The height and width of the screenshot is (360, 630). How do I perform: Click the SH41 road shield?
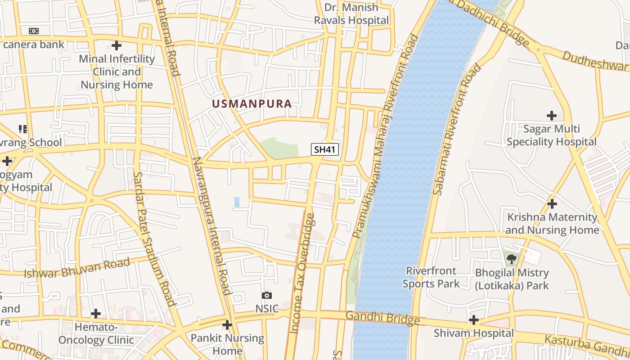pyautogui.click(x=324, y=150)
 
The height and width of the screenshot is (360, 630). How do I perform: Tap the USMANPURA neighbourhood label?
pyautogui.click(x=252, y=104)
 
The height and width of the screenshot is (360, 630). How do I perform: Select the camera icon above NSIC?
pyautogui.click(x=267, y=296)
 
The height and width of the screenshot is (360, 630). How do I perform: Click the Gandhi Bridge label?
pyautogui.click(x=385, y=318)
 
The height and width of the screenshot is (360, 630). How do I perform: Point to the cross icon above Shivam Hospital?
pyautogui.click(x=473, y=320)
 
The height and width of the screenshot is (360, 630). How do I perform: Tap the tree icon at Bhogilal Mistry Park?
pyautogui.click(x=511, y=259)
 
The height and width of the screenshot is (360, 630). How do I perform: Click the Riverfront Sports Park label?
pyautogui.click(x=431, y=277)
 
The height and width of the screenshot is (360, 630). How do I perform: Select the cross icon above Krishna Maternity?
pyautogui.click(x=552, y=204)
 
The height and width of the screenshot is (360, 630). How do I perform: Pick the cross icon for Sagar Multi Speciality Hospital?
pyautogui.click(x=552, y=116)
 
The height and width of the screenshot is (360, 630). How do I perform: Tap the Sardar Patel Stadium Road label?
pyautogui.click(x=154, y=238)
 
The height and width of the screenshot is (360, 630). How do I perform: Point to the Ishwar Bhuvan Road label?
pyautogui.click(x=77, y=268)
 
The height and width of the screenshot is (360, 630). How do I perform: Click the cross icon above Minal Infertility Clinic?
pyautogui.click(x=117, y=45)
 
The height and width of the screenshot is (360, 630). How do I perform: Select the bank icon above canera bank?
pyautogui.click(x=34, y=31)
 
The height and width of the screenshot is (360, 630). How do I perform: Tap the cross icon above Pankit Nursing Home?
pyautogui.click(x=227, y=324)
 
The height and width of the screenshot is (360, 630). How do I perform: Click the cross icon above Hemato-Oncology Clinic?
pyautogui.click(x=96, y=314)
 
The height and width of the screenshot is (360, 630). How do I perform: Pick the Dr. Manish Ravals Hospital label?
pyautogui.click(x=351, y=14)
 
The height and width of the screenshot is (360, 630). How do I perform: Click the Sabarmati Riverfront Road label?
pyautogui.click(x=457, y=130)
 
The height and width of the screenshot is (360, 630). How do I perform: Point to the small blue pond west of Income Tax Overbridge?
pyautogui.click(x=237, y=202)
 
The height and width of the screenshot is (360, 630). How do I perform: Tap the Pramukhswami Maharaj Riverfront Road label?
pyautogui.click(x=385, y=135)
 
